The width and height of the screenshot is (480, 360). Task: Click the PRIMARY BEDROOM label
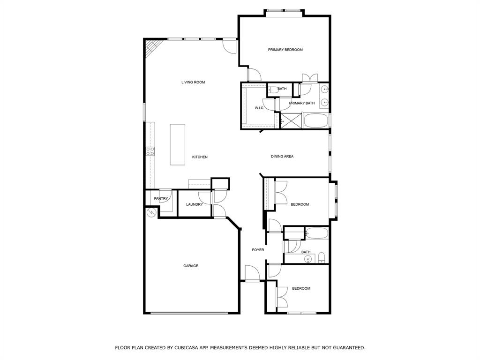pos(285,50)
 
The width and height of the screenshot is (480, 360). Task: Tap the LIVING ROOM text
pos(193,82)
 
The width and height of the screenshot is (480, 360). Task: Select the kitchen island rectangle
pos(177,144)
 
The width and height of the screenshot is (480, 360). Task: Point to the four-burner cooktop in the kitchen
pos(150,151)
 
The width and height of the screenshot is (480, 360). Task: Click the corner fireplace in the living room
pos(152,47)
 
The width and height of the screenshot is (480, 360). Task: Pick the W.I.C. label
pos(259,108)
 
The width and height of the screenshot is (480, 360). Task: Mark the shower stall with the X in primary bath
pos(291,120)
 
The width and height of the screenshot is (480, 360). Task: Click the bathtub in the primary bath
pos(316,120)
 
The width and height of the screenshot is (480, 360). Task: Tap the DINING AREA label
pos(282,157)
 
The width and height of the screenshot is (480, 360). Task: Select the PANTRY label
pos(161,199)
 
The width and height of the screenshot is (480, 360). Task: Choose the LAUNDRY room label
pos(194,204)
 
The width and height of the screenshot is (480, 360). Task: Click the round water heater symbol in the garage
pos(151,213)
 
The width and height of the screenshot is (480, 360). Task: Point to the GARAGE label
pos(190,266)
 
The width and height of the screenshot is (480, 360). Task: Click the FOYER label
pos(258,250)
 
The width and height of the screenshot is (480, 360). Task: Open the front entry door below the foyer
pos(252,274)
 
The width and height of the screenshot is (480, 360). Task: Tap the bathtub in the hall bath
pos(317,233)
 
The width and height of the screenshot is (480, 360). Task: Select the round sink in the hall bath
pos(308,258)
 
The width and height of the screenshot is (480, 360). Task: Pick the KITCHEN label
pos(200,157)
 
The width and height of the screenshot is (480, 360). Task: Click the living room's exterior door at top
pos(229,45)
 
